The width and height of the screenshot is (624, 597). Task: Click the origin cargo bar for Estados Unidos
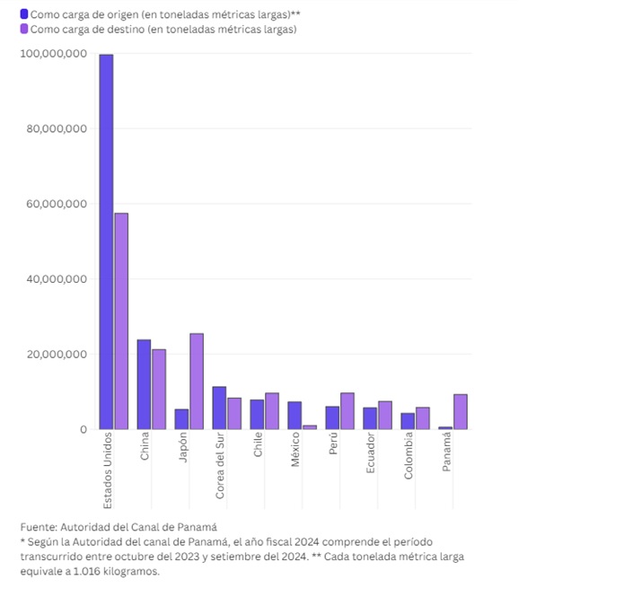(106, 241)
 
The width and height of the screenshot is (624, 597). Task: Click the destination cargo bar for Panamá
(461, 411)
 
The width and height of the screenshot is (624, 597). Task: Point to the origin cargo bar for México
(294, 415)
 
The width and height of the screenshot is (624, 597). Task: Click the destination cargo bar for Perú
(347, 410)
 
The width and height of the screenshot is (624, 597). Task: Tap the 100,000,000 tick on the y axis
(53, 54)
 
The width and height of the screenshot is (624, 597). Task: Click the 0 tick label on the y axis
(83, 429)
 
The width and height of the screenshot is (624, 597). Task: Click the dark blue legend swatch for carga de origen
(23, 14)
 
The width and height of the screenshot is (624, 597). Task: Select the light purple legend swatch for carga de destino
(23, 29)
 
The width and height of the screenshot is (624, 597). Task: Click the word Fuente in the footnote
(38, 527)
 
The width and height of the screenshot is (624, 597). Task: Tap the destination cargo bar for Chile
(272, 410)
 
